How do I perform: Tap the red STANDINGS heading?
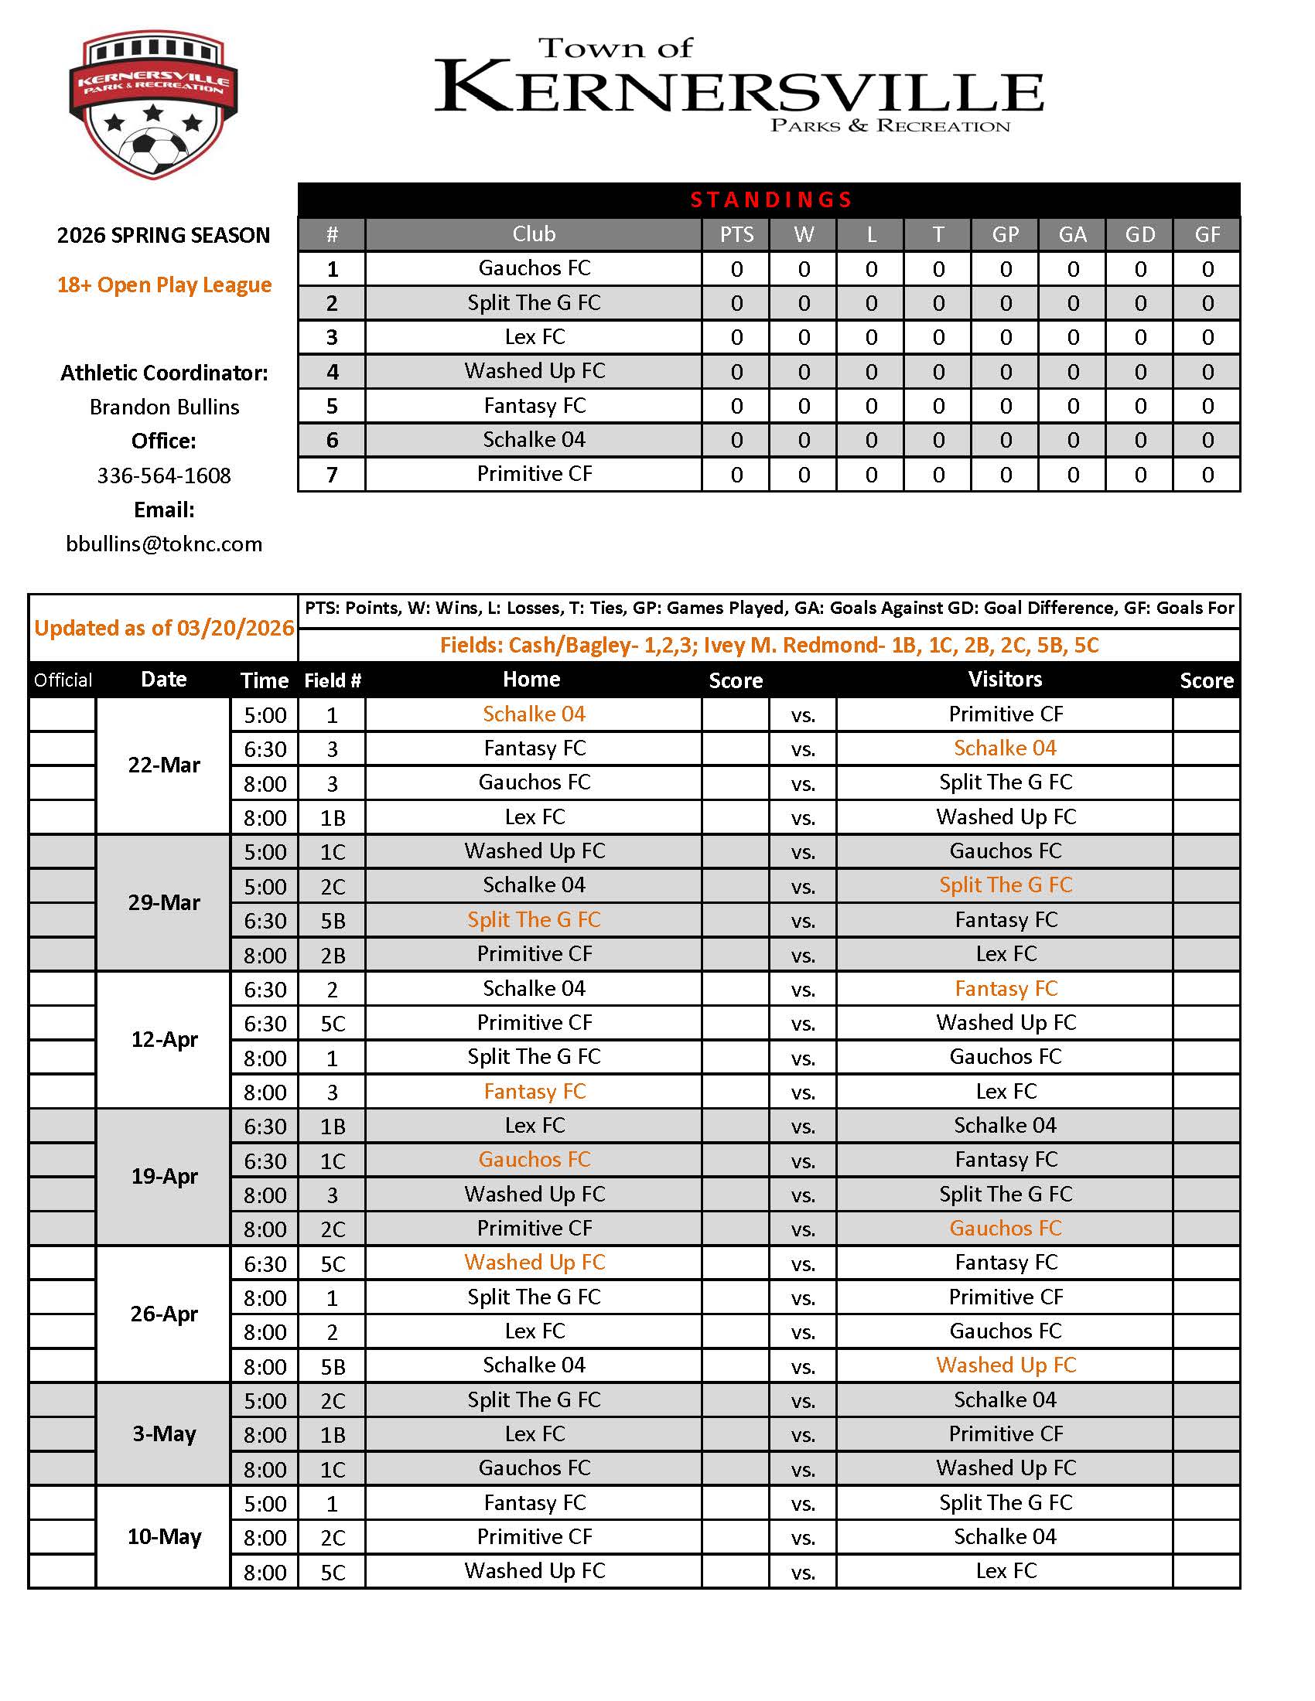[770, 200]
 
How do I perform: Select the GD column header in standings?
[1139, 234]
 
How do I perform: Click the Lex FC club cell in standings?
[535, 337]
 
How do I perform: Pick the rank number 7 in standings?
[332, 474]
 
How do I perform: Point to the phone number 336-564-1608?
[163, 475]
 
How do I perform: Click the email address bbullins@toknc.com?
[163, 544]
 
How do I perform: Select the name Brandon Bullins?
[163, 407]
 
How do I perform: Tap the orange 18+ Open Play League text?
[163, 285]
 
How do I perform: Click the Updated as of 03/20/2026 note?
[163, 628]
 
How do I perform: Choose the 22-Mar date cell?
[163, 765]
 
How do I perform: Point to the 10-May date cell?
[163, 1536]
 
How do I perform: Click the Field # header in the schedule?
[332, 680]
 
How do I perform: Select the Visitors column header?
[1005, 679]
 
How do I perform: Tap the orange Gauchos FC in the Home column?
[535, 1160]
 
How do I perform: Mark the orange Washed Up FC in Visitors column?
[1005, 1365]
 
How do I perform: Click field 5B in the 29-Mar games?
[333, 921]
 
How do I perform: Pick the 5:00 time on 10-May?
[265, 1504]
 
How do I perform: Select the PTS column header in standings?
[736, 234]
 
